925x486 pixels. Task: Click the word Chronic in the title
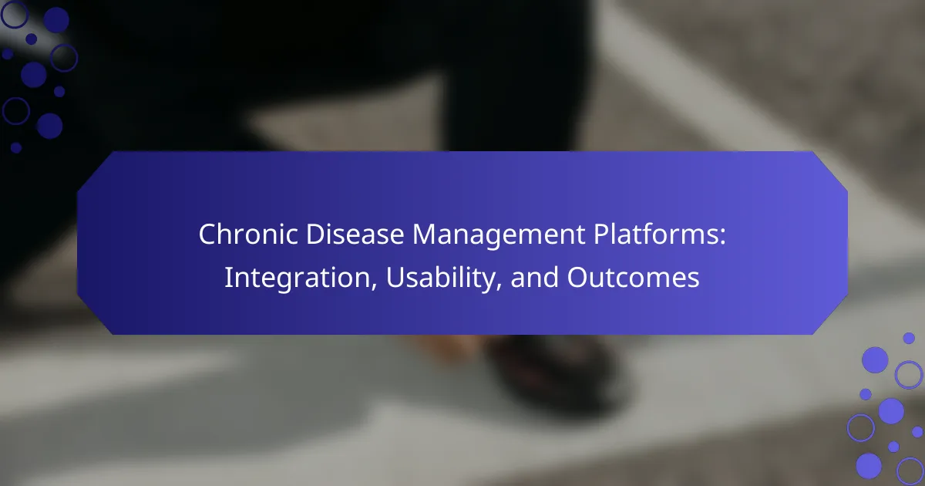[248, 234]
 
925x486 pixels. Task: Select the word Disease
[355, 234]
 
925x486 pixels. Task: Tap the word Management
[499, 236]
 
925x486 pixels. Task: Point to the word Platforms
[655, 234]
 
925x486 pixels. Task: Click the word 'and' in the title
[535, 277]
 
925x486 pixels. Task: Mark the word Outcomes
[634, 277]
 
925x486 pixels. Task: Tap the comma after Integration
[374, 287]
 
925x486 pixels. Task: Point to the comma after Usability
[499, 287]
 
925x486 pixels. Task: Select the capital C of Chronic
[207, 235]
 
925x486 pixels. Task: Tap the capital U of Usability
[395, 277]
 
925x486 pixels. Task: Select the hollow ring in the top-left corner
[15, 15]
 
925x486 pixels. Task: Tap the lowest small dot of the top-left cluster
[16, 147]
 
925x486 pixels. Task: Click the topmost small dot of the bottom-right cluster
[909, 338]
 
